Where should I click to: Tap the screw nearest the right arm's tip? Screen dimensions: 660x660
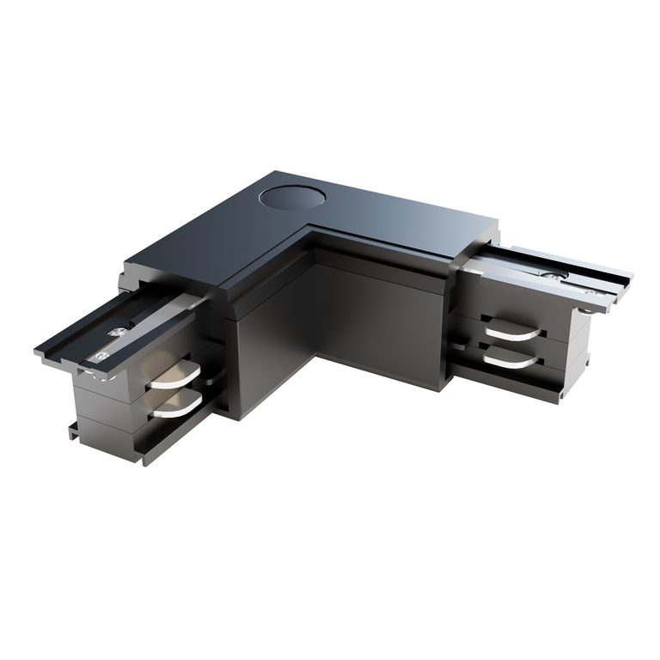click(x=590, y=292)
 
